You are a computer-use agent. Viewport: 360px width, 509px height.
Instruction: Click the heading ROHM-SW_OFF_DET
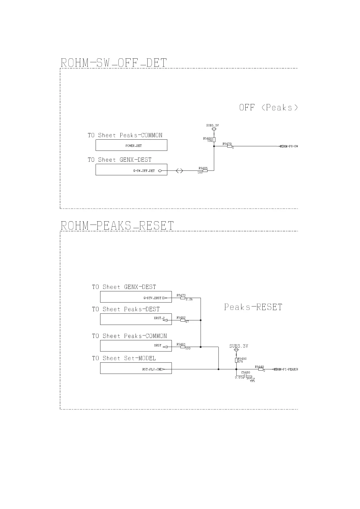pos(114,63)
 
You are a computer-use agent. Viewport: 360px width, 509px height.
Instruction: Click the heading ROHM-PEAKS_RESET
pos(117,226)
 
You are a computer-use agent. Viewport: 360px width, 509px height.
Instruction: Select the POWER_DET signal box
pos(131,145)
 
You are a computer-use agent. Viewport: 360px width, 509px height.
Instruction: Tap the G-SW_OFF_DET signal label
pos(144,171)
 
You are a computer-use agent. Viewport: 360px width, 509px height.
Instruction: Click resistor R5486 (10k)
pos(214,140)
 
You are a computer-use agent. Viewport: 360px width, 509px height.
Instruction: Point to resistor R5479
pos(230,146)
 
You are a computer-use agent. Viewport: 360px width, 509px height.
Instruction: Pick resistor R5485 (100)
pos(205,171)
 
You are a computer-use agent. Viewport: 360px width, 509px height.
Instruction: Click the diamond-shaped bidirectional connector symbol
pos(179,171)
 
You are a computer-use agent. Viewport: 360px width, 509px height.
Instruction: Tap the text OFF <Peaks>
pos(269,108)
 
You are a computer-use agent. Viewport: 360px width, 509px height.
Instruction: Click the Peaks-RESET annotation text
pos(253,307)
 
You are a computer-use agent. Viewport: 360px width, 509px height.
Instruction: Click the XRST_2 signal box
pos(136,319)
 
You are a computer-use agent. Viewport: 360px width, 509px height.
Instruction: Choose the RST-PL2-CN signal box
pos(136,368)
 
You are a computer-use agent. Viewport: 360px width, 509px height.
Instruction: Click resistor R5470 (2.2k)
pos(183,298)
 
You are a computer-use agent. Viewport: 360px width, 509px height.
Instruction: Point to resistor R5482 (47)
pos(183,320)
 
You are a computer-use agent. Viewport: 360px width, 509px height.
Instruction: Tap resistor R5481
pos(183,347)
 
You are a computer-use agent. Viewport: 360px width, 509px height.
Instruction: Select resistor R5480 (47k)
pos(236,360)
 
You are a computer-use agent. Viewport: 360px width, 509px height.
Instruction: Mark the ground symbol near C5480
pos(253,380)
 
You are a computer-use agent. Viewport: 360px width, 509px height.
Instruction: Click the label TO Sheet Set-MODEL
pos(124,358)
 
